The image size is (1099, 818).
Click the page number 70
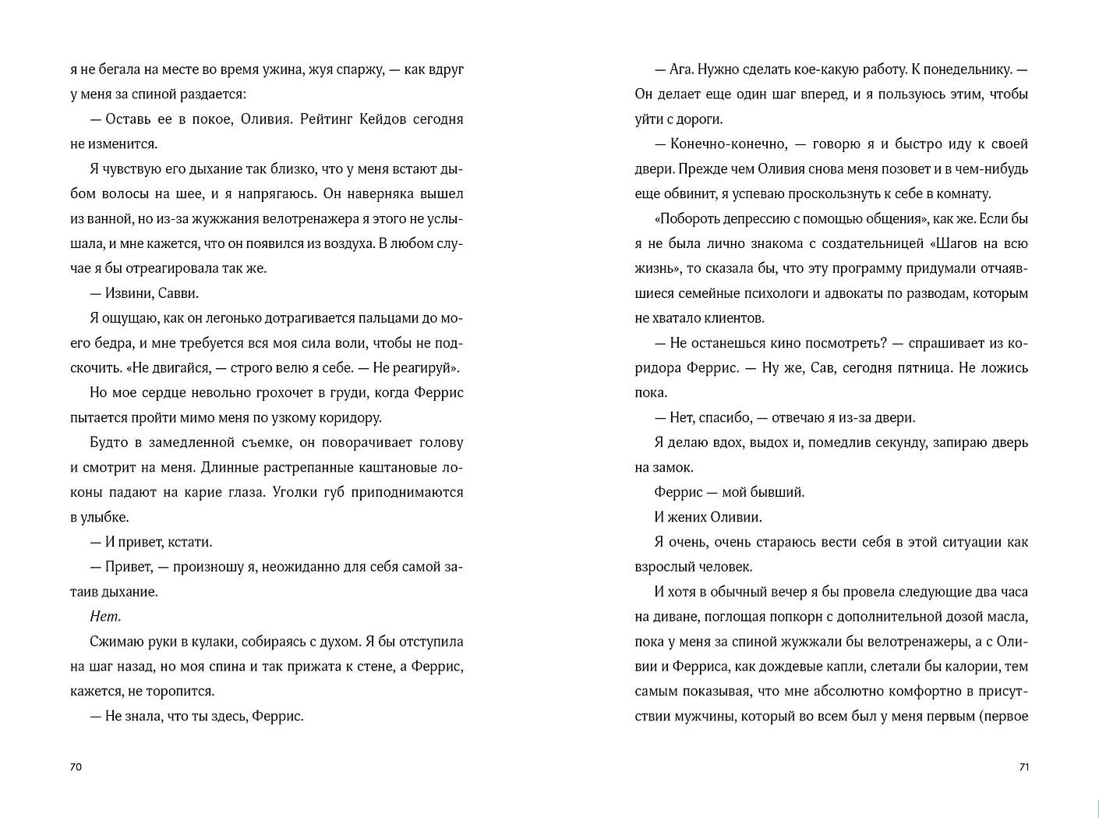pyautogui.click(x=76, y=767)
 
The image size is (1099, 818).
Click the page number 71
pyautogui.click(x=1024, y=767)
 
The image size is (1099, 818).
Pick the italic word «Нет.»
pyautogui.click(x=105, y=617)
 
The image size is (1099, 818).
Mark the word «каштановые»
pyautogui.click(x=384, y=467)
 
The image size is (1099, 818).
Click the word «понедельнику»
pyautogui.click(x=968, y=69)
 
